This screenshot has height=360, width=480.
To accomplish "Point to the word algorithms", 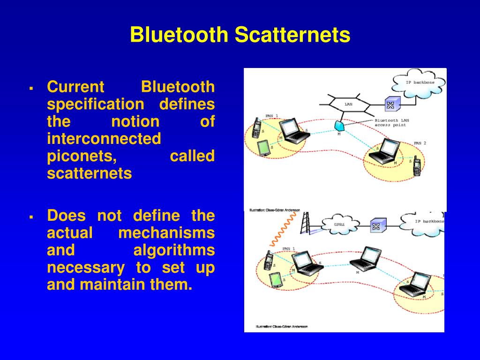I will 174,250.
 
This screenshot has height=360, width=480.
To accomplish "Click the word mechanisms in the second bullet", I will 166,233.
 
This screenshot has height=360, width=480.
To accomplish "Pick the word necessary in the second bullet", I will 86,268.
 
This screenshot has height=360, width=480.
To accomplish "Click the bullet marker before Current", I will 31,88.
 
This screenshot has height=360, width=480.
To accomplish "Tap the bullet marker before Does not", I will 31,217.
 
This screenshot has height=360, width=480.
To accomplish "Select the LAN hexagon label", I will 348,104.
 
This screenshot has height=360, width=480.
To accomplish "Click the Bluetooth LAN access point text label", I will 392,123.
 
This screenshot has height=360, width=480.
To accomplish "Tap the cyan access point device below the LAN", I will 340,125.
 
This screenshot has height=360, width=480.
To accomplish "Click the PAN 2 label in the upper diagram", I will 420,143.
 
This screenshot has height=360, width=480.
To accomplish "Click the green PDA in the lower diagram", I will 275,280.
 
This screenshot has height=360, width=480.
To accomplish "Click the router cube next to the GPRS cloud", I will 375,226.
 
